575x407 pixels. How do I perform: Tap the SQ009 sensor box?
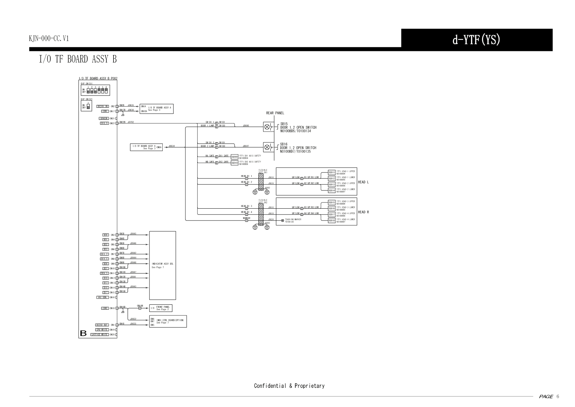click(x=235, y=157)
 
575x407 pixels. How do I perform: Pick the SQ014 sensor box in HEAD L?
click(x=332, y=191)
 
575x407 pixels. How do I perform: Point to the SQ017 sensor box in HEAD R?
click(x=332, y=214)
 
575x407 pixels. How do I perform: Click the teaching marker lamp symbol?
click(x=282, y=221)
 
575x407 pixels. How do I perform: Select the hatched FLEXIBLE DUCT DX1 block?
click(x=261, y=181)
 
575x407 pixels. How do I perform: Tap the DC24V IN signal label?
click(x=103, y=106)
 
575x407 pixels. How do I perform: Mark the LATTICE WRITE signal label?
click(x=99, y=334)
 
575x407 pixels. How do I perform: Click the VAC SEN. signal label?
click(x=103, y=298)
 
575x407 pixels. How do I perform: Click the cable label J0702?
click(x=131, y=122)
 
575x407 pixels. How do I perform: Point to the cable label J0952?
click(x=133, y=319)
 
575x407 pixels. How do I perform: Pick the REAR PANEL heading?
click(x=275, y=113)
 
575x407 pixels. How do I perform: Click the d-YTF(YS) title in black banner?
click(x=476, y=40)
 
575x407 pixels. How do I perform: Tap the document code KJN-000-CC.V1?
click(x=49, y=39)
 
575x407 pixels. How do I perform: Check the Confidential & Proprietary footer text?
click(x=289, y=386)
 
